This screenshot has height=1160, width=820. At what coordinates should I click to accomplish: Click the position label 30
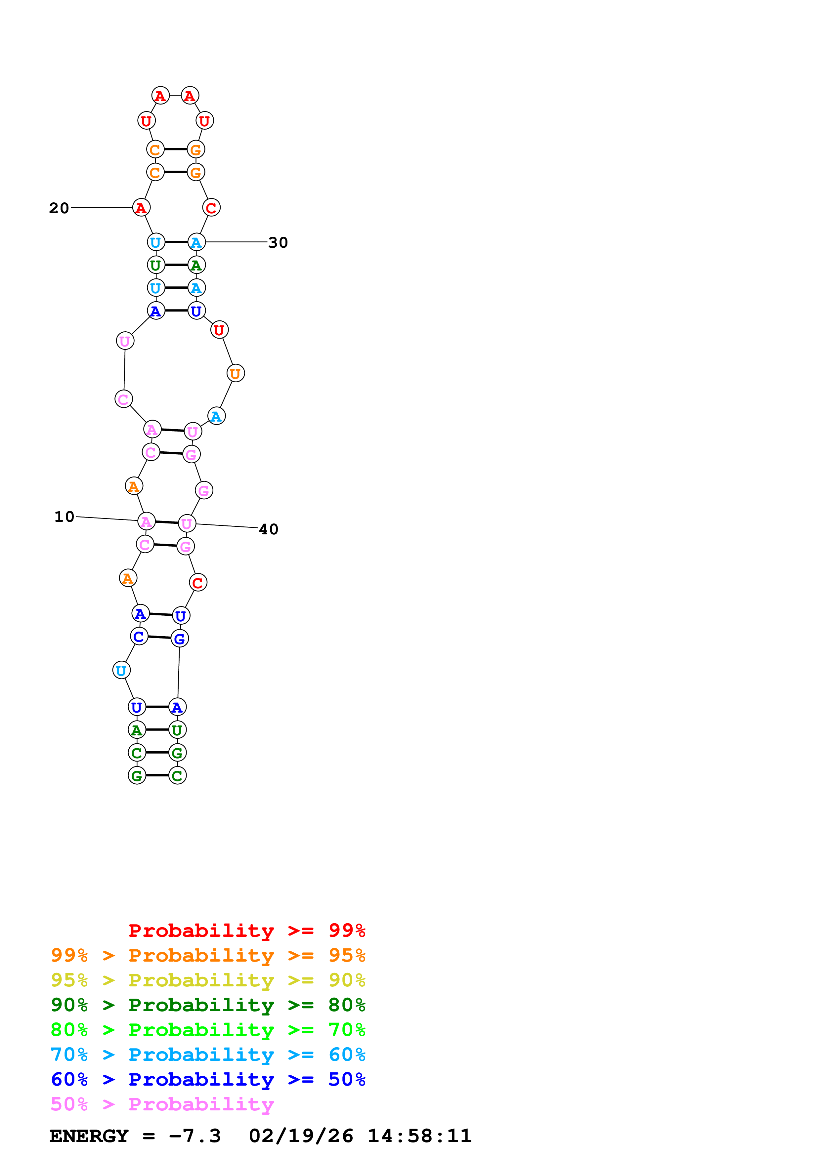pyautogui.click(x=278, y=242)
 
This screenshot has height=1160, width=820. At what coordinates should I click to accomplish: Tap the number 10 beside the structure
pyautogui.click(x=64, y=516)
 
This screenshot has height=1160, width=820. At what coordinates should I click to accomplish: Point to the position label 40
pyautogui.click(x=268, y=529)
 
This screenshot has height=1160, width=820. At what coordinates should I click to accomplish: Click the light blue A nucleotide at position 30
pyautogui.click(x=196, y=242)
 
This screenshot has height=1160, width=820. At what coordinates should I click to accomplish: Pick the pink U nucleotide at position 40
pyautogui.click(x=187, y=524)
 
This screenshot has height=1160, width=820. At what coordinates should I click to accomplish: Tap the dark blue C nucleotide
pyautogui.click(x=139, y=637)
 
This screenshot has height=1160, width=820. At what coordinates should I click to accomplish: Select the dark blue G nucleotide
pyautogui.click(x=179, y=639)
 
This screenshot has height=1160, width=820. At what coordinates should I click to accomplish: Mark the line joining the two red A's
pyautogui.click(x=175, y=96)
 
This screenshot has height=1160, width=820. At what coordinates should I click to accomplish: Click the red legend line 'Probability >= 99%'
pyautogui.click(x=246, y=930)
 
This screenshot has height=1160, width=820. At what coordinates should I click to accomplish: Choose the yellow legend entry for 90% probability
pyautogui.click(x=208, y=980)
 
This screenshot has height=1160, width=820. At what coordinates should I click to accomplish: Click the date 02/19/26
pyautogui.click(x=301, y=1136)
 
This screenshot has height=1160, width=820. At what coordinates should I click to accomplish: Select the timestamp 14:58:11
pyautogui.click(x=419, y=1136)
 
